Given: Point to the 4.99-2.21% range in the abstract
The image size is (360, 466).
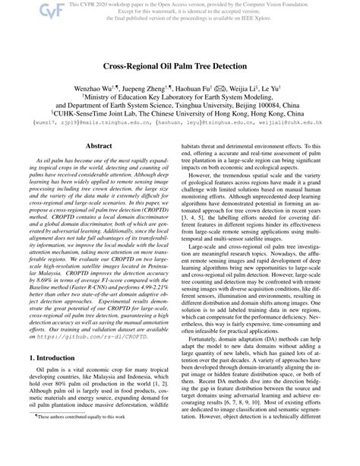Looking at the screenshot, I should click(x=150, y=312).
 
